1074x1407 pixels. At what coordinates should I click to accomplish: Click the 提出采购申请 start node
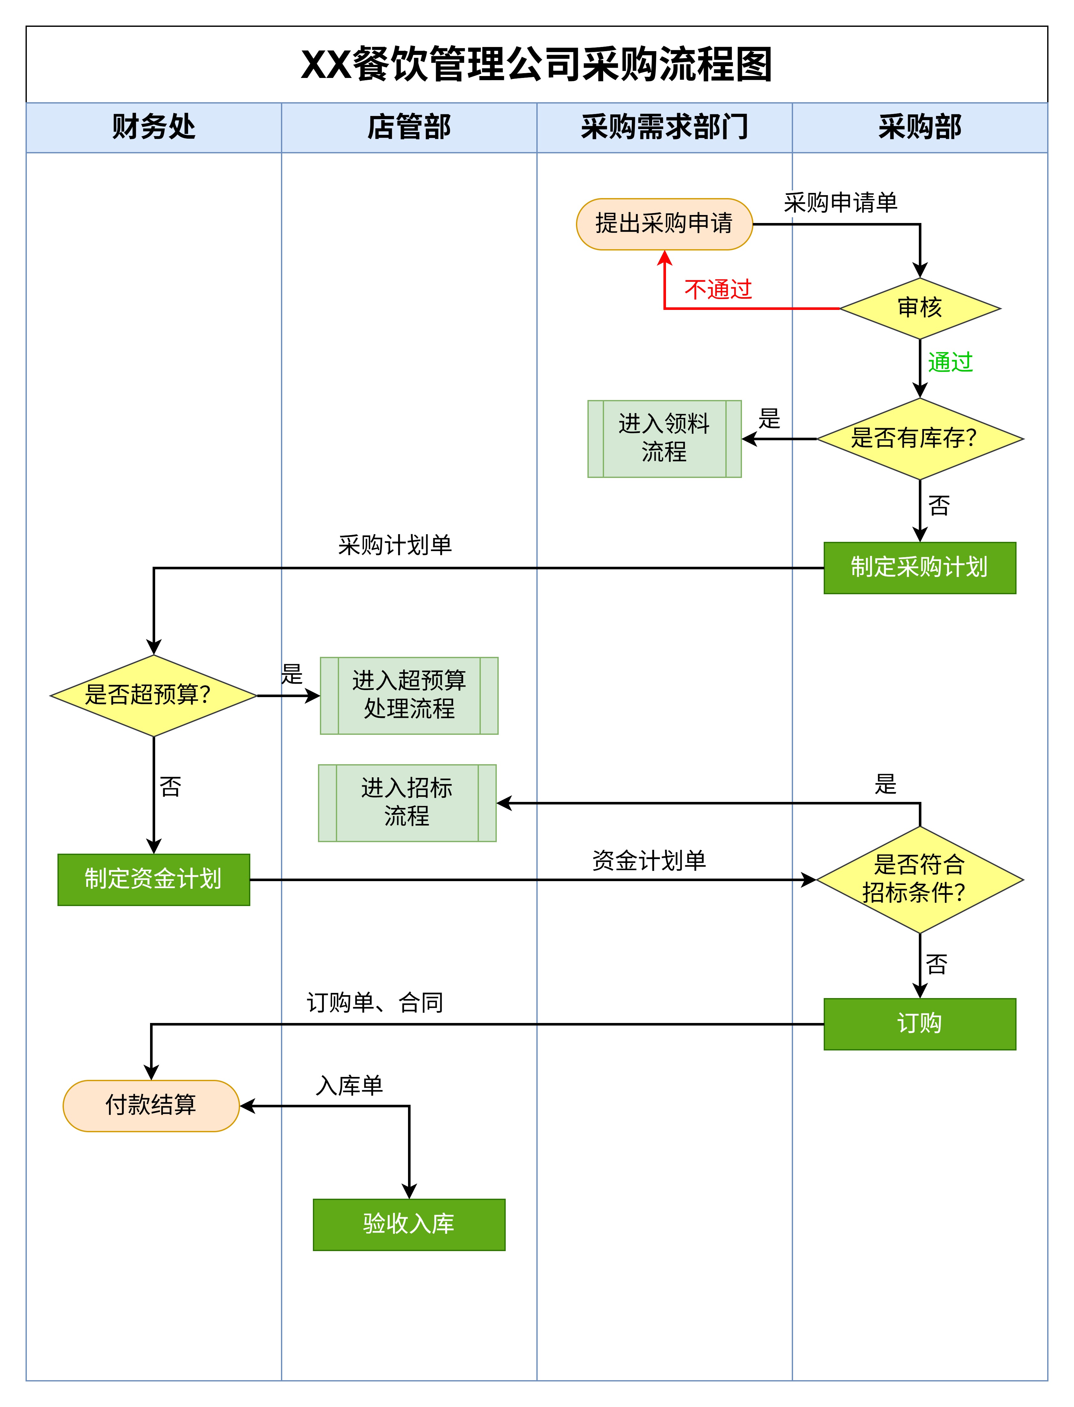pyautogui.click(x=664, y=224)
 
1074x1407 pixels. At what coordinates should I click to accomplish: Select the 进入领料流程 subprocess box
pyautogui.click(x=664, y=439)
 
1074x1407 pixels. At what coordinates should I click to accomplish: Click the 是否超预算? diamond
pyautogui.click(x=154, y=695)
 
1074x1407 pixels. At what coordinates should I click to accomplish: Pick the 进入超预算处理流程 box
pyautogui.click(x=409, y=695)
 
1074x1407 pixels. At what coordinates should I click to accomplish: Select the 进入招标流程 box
pyautogui.click(x=407, y=803)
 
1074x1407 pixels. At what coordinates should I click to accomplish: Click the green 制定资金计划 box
pyautogui.click(x=154, y=879)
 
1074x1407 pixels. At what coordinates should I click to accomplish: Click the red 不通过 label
pyautogui.click(x=718, y=290)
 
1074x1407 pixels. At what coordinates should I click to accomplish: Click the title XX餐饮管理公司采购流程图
pyautogui.click(x=537, y=65)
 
